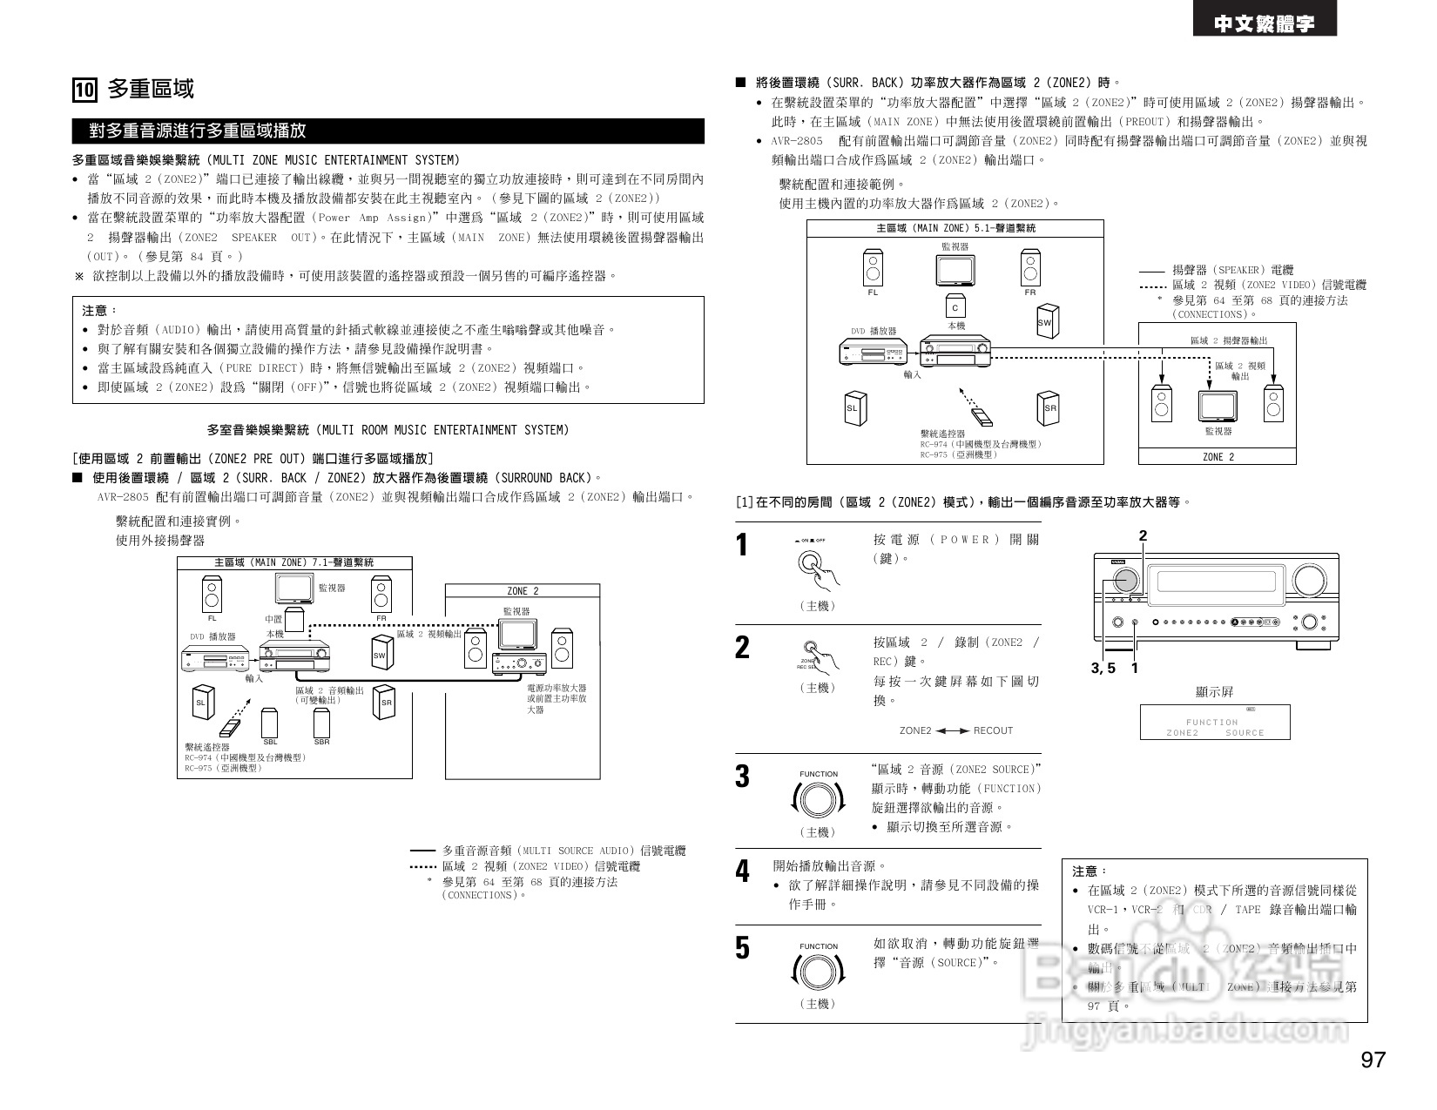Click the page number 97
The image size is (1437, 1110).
click(x=1373, y=1060)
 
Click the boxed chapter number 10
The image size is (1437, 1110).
click(x=84, y=91)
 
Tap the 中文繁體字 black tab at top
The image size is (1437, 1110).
click(x=1264, y=24)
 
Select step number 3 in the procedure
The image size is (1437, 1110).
click(x=742, y=776)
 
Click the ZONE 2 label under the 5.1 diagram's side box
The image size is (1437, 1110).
click(x=1218, y=457)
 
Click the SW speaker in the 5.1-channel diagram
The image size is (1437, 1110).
click(x=1046, y=321)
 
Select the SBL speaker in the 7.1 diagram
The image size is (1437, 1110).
click(x=270, y=723)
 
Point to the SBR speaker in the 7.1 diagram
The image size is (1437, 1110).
click(x=322, y=723)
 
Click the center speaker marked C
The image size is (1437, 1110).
click(x=955, y=308)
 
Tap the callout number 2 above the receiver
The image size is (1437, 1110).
click(x=1143, y=536)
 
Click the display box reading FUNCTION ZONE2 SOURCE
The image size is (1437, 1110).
click(x=1215, y=723)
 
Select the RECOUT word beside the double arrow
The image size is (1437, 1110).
click(x=993, y=730)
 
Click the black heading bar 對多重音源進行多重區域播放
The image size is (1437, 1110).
click(x=388, y=131)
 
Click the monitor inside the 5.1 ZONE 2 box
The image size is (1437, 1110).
click(x=1217, y=406)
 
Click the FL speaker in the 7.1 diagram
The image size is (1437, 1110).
click(x=212, y=595)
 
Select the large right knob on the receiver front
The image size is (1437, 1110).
click(x=1308, y=579)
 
